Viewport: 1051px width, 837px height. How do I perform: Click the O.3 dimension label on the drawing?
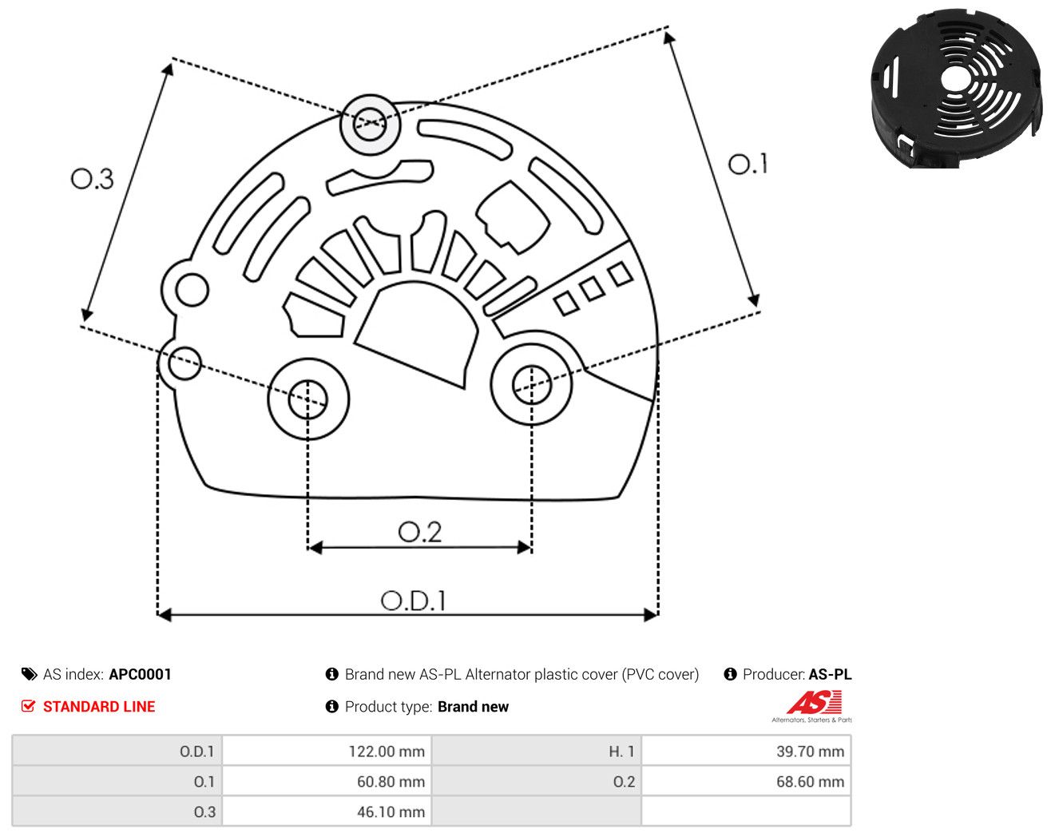pyautogui.click(x=92, y=179)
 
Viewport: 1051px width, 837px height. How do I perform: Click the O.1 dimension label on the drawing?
pyautogui.click(x=747, y=164)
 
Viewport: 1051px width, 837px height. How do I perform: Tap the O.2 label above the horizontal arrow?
pyautogui.click(x=419, y=532)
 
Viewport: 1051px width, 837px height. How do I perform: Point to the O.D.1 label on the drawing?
pyautogui.click(x=413, y=601)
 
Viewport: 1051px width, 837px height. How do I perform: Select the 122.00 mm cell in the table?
pyautogui.click(x=387, y=751)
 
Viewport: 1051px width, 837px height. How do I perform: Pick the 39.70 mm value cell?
pyautogui.click(x=810, y=751)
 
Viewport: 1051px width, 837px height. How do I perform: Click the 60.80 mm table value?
pyautogui.click(x=391, y=781)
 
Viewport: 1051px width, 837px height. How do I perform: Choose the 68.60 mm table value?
pyautogui.click(x=810, y=781)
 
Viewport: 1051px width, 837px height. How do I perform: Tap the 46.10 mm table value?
pyautogui.click(x=391, y=811)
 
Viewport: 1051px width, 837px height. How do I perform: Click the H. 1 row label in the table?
pyautogui.click(x=621, y=751)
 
